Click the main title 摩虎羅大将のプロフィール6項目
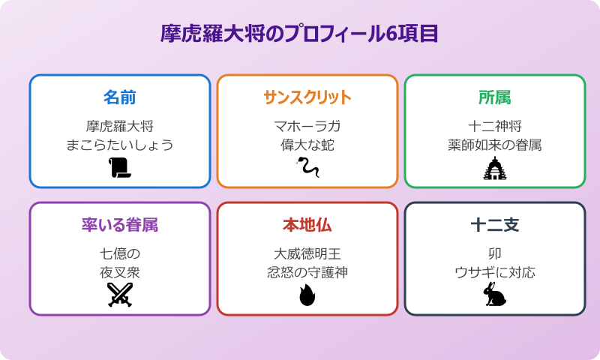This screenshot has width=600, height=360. click(300, 34)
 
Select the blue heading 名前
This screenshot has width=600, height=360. click(120, 97)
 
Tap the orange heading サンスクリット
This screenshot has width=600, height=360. click(307, 97)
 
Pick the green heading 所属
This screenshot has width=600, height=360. click(495, 97)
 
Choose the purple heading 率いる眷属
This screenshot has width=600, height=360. click(120, 225)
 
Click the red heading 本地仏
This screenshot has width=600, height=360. click(307, 225)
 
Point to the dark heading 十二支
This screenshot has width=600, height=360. click(495, 225)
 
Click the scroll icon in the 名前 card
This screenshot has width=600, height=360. click(120, 169)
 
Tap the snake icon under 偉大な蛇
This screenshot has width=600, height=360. click(307, 169)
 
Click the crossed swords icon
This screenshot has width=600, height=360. click(120, 295)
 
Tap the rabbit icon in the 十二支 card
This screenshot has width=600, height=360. click(495, 295)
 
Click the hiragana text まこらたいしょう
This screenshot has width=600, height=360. click(120, 145)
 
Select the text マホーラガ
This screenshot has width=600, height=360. click(307, 125)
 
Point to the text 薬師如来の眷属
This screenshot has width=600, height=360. click(495, 145)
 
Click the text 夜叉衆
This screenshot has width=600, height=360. click(120, 272)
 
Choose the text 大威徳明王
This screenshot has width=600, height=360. click(307, 253)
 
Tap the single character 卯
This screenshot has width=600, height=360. click(495, 253)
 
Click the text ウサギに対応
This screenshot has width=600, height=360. click(495, 272)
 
